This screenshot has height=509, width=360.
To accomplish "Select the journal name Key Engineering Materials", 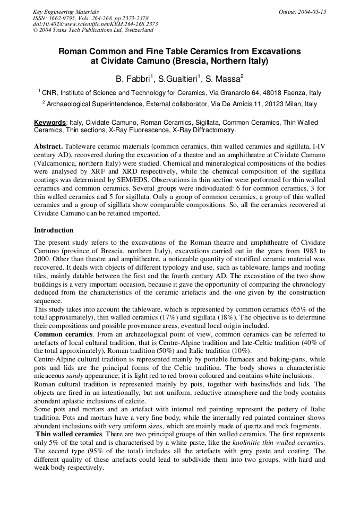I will click(x=65, y=12).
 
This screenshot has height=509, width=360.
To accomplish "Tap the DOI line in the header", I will click(x=95, y=24).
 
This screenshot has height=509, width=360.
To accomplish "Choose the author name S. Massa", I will click(x=225, y=79).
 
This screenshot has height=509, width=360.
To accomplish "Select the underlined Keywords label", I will click(x=50, y=123).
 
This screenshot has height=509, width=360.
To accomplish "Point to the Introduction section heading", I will click(x=54, y=230).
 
